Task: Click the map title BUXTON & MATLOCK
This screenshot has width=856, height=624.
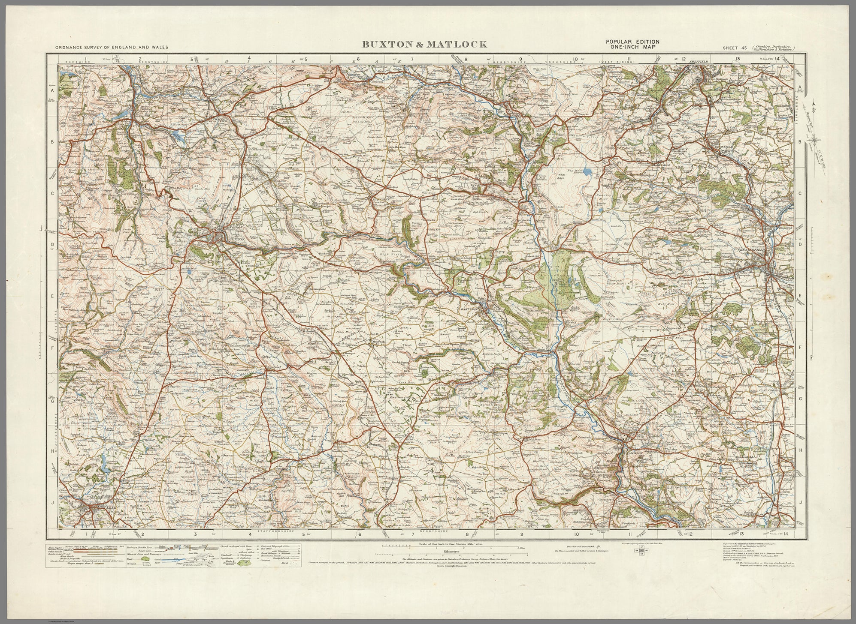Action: pos(424,44)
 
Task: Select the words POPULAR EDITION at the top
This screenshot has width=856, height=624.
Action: pos(632,41)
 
